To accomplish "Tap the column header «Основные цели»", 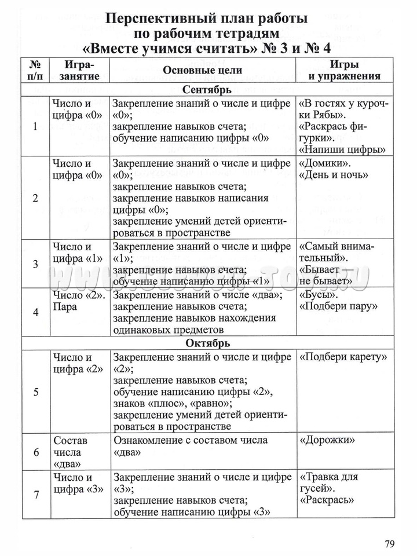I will pos(202,69).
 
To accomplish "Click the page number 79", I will pos(389,543).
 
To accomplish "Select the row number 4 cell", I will pos(35,312).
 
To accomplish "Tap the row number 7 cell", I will pos(35,495).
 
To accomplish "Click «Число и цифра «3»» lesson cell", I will pos(78,483).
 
